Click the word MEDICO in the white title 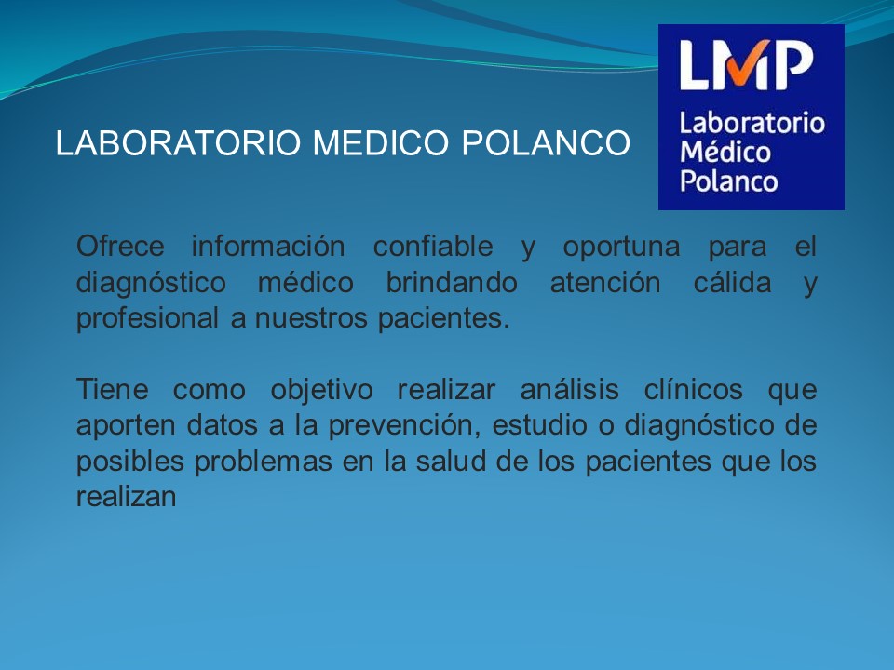381,142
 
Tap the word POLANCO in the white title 546,142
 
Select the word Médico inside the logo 725,152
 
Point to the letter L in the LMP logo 694,65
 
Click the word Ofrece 120,247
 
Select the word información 268,247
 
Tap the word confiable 433,247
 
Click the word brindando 452,283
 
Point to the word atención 605,283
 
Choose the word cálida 732,283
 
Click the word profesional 147,319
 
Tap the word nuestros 311,319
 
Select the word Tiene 113,390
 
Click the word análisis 570,390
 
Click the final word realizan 126,497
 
